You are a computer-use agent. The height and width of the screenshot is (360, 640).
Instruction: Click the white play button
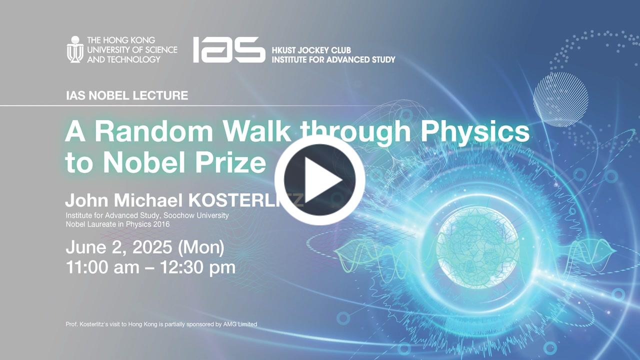[x=319, y=180]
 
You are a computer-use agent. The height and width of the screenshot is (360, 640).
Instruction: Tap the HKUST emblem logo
[x=75, y=49]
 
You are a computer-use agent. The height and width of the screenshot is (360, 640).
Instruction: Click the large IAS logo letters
[x=229, y=49]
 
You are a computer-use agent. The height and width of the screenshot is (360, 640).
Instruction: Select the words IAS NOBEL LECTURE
[x=127, y=95]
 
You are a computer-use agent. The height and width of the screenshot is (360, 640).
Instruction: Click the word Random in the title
[x=153, y=131]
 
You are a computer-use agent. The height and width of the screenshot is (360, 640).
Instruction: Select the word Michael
[x=148, y=200]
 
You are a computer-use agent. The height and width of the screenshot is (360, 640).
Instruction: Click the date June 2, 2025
[x=119, y=247]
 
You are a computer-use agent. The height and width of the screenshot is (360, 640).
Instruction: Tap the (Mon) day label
[x=201, y=247]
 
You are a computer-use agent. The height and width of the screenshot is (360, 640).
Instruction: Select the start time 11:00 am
[x=103, y=267]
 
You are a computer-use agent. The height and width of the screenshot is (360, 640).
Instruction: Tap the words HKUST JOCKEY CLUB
[x=311, y=50]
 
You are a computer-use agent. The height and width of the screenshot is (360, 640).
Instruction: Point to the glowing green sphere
[x=477, y=251]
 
